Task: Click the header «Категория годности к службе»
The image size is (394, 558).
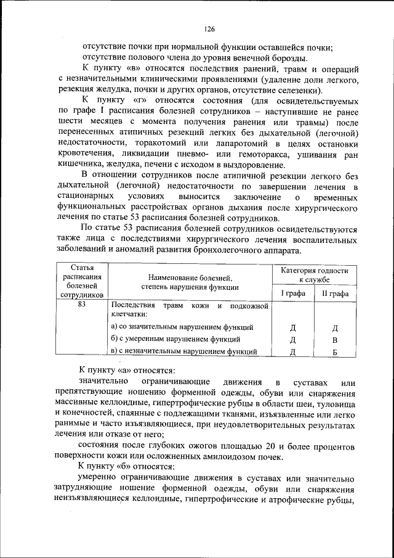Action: click(315, 275)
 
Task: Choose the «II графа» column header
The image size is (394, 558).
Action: click(335, 293)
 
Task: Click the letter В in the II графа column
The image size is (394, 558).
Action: click(335, 340)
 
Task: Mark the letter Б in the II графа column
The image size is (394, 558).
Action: click(335, 352)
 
